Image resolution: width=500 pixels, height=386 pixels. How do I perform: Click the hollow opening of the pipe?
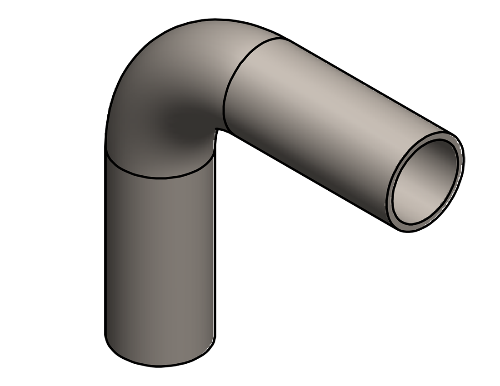click(425, 182)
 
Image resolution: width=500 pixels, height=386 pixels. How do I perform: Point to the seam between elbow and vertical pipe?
click(159, 176)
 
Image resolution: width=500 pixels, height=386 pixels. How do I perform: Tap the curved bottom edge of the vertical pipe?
click(159, 365)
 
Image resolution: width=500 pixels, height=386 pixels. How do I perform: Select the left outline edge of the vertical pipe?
click(105, 250)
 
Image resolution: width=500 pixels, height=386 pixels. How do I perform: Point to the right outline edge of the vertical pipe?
click(214, 250)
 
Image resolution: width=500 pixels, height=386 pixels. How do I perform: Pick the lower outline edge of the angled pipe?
click(309, 182)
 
